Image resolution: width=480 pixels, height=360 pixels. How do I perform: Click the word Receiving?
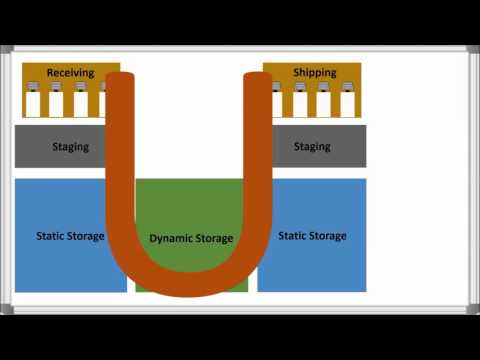(70, 72)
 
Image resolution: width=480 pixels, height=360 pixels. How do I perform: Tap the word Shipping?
(314, 72)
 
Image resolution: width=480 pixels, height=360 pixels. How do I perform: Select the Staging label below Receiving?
(70, 147)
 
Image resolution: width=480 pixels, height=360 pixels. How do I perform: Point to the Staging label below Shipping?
(312, 147)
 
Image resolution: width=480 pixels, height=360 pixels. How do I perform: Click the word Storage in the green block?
(214, 239)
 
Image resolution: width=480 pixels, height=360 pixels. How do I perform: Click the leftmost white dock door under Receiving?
(32, 103)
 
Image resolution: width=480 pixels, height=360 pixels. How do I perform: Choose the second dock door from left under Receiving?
(56, 103)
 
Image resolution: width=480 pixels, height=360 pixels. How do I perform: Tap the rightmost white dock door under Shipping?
(347, 103)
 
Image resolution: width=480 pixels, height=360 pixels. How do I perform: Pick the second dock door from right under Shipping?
(323, 103)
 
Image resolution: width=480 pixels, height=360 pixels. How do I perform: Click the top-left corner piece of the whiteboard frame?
(6, 51)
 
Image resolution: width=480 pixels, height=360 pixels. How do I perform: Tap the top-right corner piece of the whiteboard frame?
(473, 51)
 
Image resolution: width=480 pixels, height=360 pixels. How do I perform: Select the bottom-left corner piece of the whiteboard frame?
(6, 308)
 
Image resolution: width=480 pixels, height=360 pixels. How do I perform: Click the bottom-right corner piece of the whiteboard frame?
(473, 308)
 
